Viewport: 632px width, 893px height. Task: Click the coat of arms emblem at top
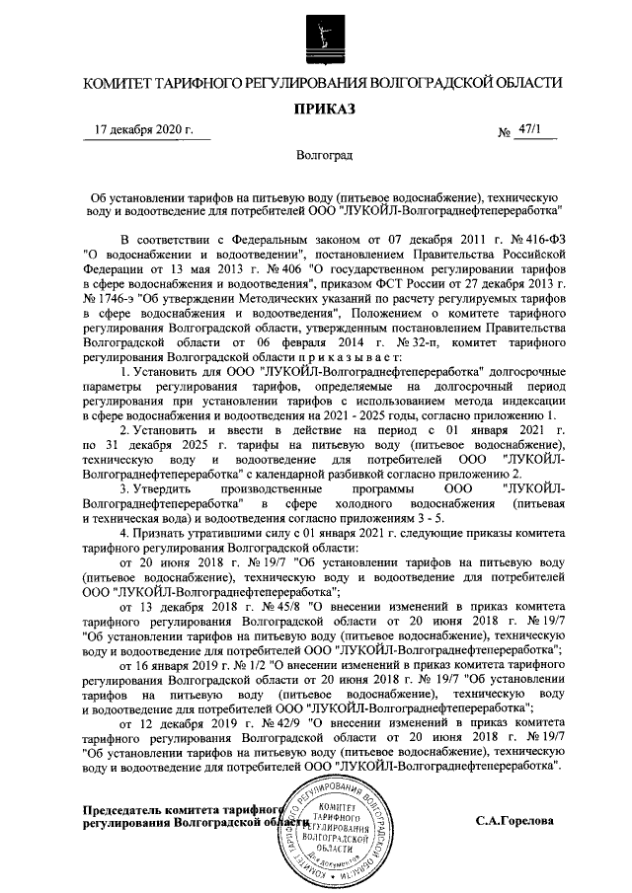coord(317,37)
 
